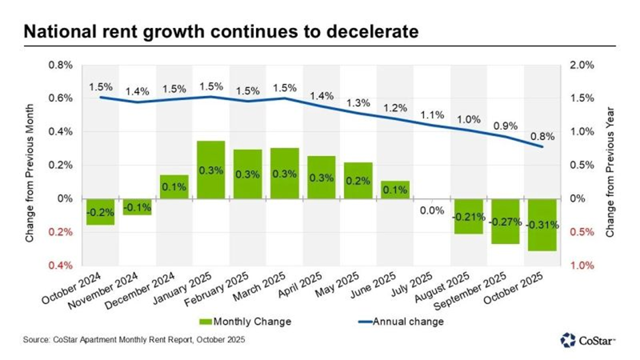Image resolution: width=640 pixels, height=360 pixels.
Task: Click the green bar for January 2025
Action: (211, 169)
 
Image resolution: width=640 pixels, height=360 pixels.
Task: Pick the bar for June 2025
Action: (394, 190)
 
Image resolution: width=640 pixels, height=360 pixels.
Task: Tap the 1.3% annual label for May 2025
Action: (357, 103)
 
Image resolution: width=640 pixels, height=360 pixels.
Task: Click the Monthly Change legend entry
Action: (244, 321)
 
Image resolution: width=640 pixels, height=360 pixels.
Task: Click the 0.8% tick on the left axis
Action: (59, 65)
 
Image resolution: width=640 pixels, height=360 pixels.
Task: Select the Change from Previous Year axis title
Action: (610, 165)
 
